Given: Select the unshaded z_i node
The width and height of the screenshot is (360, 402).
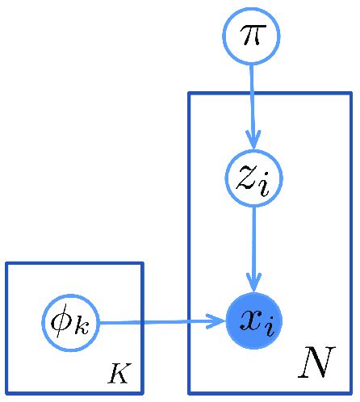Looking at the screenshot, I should (x=253, y=178).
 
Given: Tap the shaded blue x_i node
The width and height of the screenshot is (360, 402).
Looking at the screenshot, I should (x=253, y=321).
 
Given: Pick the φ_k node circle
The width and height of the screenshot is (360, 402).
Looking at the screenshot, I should (x=71, y=322).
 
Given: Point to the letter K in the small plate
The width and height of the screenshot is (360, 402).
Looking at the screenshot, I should (x=118, y=373).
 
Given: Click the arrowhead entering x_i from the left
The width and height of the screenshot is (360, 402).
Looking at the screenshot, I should (x=216, y=321).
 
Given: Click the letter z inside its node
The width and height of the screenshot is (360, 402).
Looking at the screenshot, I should (x=246, y=178).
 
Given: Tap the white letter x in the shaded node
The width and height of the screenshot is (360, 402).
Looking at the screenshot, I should (x=247, y=321).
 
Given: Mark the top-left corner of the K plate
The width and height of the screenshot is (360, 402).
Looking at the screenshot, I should (x=7, y=264).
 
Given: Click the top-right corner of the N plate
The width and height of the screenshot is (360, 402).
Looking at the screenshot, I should (x=350, y=94).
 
